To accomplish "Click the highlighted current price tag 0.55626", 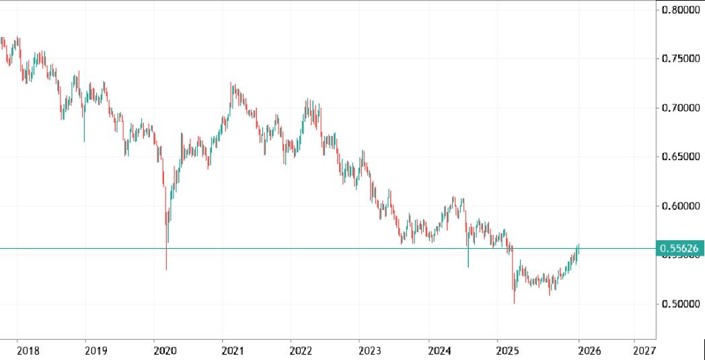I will [x=679, y=249].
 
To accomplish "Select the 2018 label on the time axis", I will [x=28, y=350].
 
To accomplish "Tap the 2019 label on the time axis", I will [x=96, y=350].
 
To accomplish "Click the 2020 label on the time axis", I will [x=165, y=350].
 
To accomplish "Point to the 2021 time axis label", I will [x=233, y=350].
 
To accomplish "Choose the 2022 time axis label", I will [x=301, y=350].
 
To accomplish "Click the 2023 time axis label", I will [x=370, y=350].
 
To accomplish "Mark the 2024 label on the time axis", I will [x=439, y=350].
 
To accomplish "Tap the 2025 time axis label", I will [x=508, y=350].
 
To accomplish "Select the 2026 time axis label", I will [x=590, y=350].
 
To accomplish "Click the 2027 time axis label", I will [x=644, y=350].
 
